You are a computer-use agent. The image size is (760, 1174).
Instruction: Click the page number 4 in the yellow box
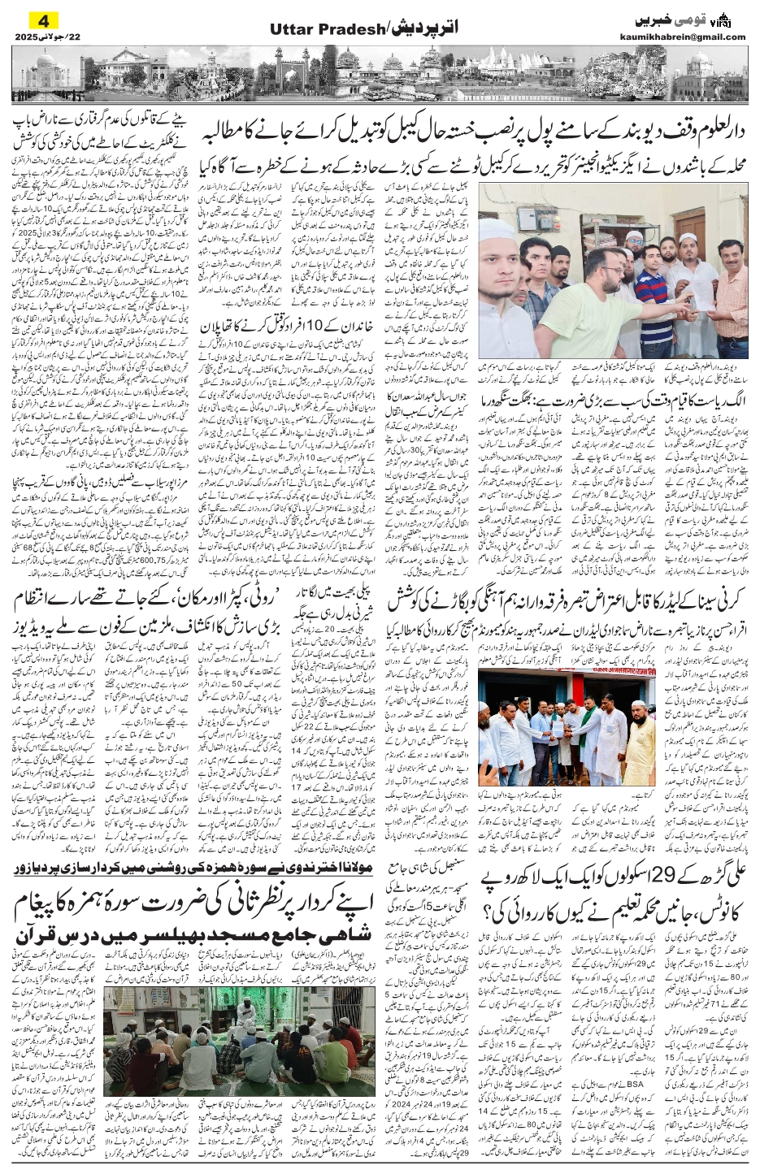click(34, 19)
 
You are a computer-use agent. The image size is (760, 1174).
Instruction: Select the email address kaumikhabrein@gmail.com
click(693, 37)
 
